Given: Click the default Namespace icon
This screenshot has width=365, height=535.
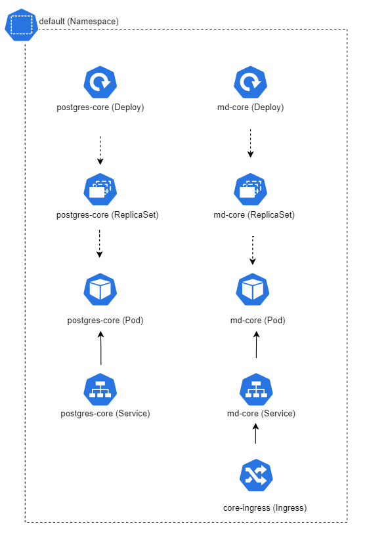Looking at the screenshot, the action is pyautogui.click(x=21, y=25).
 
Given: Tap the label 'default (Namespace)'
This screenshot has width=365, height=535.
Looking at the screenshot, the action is pyautogui.click(x=79, y=22).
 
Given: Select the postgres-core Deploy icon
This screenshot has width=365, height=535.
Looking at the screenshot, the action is pyautogui.click(x=100, y=82).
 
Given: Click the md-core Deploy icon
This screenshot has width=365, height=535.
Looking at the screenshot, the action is pyautogui.click(x=251, y=82).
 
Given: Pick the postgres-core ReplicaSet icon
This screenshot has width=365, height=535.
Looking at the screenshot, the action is pyautogui.click(x=100, y=189).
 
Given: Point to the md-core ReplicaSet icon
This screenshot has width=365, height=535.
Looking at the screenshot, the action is pyautogui.click(x=251, y=189).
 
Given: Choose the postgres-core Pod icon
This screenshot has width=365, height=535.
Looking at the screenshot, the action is pyautogui.click(x=100, y=289).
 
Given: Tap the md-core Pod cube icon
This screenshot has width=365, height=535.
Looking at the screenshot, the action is pyautogui.click(x=253, y=289).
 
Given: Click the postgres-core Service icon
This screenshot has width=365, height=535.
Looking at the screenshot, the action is pyautogui.click(x=100, y=389).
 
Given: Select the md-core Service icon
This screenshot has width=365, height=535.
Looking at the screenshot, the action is pyautogui.click(x=256, y=389).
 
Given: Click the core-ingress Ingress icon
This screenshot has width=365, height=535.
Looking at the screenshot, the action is pyautogui.click(x=256, y=475).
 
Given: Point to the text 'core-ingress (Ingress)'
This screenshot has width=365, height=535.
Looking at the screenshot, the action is pyautogui.click(x=265, y=507).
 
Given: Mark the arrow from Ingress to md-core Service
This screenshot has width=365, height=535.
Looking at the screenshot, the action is pyautogui.click(x=255, y=433).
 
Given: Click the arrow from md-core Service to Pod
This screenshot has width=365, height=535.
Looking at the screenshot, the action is pyautogui.click(x=256, y=345).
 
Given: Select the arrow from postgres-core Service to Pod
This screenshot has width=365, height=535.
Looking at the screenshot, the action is pyautogui.click(x=101, y=348).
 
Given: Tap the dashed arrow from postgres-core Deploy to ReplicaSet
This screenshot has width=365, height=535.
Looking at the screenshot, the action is pyautogui.click(x=100, y=151).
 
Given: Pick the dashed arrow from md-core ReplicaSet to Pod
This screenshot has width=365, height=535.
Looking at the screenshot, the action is pyautogui.click(x=253, y=250).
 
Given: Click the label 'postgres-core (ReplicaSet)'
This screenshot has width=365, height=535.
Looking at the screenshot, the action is pyautogui.click(x=107, y=214).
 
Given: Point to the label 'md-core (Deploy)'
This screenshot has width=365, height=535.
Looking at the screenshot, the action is pyautogui.click(x=251, y=107).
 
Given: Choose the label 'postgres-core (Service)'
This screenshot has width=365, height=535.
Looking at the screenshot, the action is pyautogui.click(x=105, y=413).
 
